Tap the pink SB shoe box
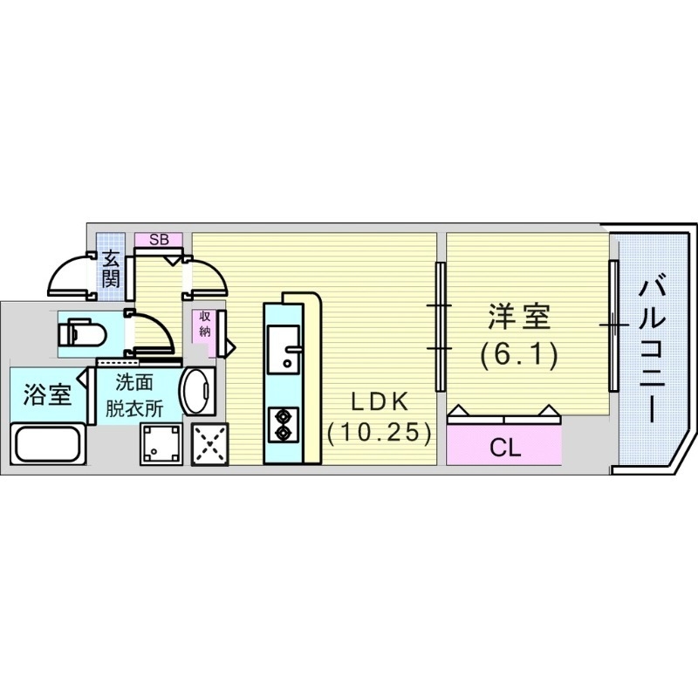click(x=159, y=239)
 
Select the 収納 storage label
click(x=203, y=324)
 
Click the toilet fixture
click(x=81, y=332)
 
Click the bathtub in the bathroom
click(x=48, y=445)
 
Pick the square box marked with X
click(x=208, y=445)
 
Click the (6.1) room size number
click(x=518, y=355)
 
